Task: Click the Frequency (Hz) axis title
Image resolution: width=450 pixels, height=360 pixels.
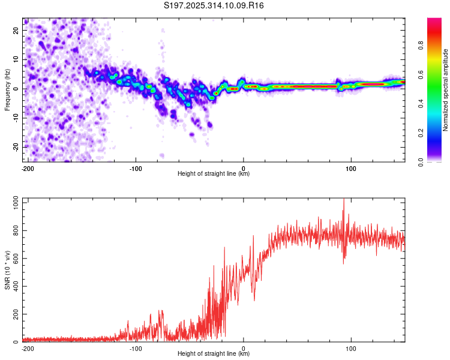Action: tap(7, 89)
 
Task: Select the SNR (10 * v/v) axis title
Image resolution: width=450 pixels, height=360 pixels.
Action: tap(7, 270)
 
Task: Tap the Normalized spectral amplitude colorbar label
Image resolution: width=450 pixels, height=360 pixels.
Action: tap(446, 89)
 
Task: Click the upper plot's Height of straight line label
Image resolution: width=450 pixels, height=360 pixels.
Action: tap(214, 173)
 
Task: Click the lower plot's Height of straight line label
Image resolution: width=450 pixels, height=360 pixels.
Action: tap(214, 354)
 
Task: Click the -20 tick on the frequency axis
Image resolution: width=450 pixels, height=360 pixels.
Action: tap(16, 147)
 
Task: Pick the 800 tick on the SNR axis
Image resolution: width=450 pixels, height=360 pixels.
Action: tap(14, 231)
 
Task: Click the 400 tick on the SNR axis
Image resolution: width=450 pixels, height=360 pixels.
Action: tap(14, 286)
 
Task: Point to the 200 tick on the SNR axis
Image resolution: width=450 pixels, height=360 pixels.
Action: tap(14, 314)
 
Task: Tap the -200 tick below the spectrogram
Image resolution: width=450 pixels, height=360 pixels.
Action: tap(28, 167)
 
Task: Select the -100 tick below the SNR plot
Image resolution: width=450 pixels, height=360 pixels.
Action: tap(135, 348)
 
